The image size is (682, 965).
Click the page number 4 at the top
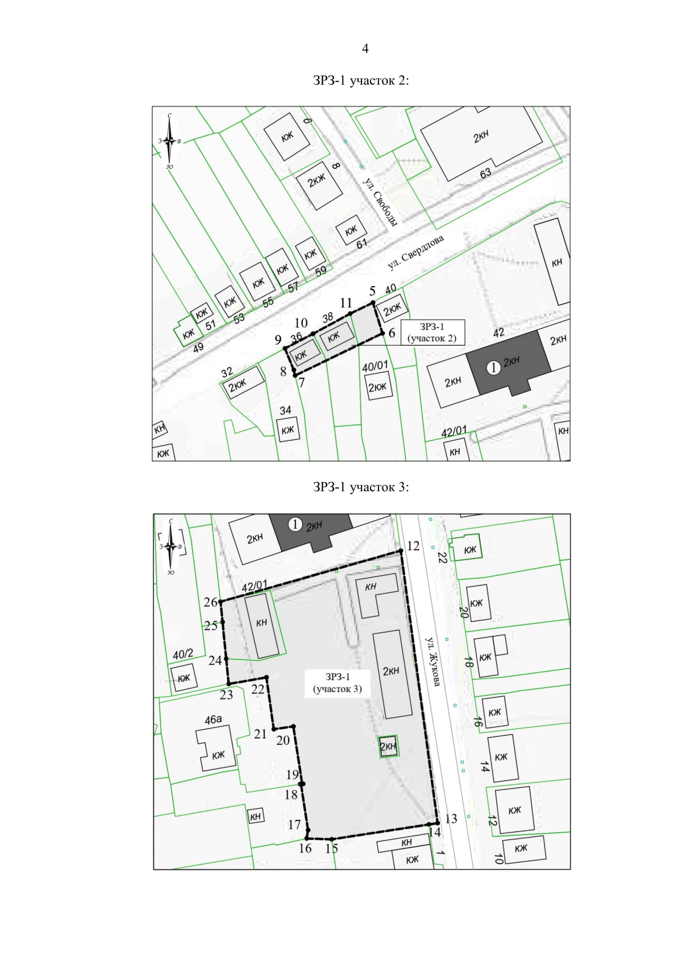365,48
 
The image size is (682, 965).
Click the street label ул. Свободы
380,201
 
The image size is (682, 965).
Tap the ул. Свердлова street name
415,252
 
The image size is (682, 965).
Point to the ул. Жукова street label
433,662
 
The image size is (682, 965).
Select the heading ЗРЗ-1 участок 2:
361,81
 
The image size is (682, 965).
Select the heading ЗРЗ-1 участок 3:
361,487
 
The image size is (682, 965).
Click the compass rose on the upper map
169,141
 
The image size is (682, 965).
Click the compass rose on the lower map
171,546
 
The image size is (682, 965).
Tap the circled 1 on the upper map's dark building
493,368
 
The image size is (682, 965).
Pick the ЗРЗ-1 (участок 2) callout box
433,332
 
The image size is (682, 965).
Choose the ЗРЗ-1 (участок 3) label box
337,683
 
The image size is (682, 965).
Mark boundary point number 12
401,550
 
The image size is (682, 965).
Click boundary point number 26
221,602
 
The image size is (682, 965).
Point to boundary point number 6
382,333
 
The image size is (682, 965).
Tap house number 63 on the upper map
485,173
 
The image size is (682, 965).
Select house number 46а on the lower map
213,719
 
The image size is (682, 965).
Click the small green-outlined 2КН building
388,746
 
